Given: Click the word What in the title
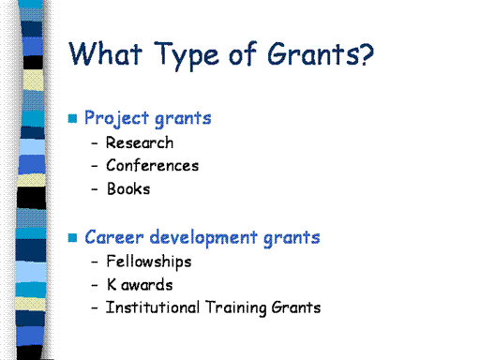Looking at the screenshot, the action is pyautogui.click(x=105, y=53).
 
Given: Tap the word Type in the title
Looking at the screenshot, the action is pyautogui.click(x=187, y=55).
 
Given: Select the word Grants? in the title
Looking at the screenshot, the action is pyautogui.click(x=321, y=53).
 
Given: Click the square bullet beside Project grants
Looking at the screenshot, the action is pyautogui.click(x=72, y=118).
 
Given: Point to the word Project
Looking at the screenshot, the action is pyautogui.click(x=116, y=119).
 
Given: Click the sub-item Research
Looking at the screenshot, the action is pyautogui.click(x=140, y=142).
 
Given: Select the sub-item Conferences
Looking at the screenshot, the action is pyautogui.click(x=153, y=166).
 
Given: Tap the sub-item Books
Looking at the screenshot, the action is pyautogui.click(x=128, y=188).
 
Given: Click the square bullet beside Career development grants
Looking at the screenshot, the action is pyautogui.click(x=72, y=238).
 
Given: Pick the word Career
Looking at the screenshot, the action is pyautogui.click(x=114, y=237).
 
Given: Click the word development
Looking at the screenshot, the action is pyautogui.click(x=203, y=238).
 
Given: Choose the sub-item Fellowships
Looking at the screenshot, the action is pyautogui.click(x=149, y=262).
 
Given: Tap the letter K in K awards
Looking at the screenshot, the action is pyautogui.click(x=112, y=285).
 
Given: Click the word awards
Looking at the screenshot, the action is pyautogui.click(x=147, y=285).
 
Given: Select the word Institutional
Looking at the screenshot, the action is pyautogui.click(x=153, y=307).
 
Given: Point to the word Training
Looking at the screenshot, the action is pyautogui.click(x=236, y=308).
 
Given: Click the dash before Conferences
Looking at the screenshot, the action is pyautogui.click(x=95, y=166).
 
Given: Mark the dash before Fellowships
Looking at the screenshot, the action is pyautogui.click(x=95, y=262).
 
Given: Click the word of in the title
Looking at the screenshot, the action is pyautogui.click(x=243, y=53).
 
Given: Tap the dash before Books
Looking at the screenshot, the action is pyautogui.click(x=95, y=189).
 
